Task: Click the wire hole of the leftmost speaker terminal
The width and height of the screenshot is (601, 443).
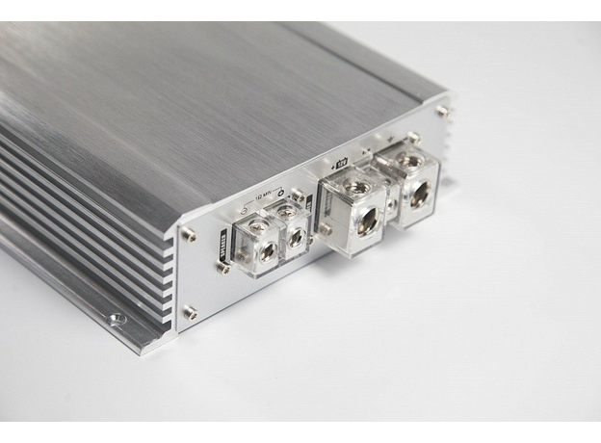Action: pyautogui.click(x=267, y=251)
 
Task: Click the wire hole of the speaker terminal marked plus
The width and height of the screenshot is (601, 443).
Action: pyautogui.click(x=296, y=236)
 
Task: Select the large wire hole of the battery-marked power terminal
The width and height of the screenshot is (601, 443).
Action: pyautogui.click(x=368, y=219)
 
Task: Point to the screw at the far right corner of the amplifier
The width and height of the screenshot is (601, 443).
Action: pyautogui.click(x=441, y=111)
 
